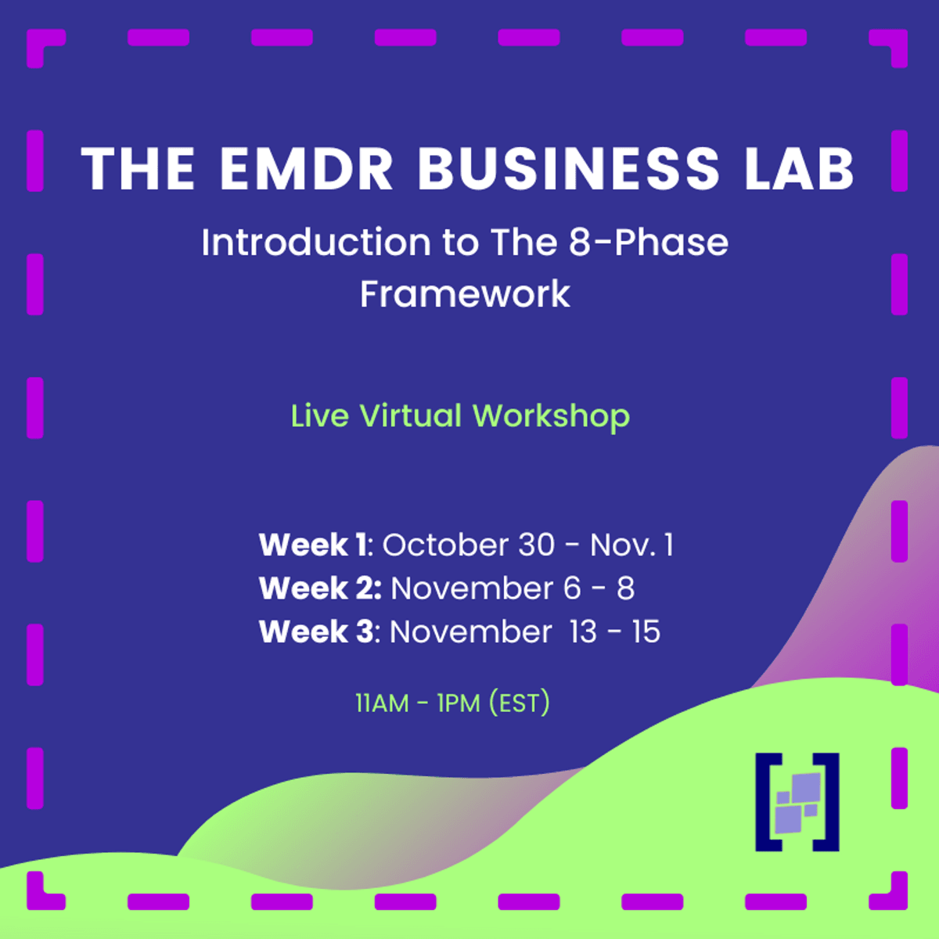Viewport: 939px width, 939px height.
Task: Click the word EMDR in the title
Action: point(306,168)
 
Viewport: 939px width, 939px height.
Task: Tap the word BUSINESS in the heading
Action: point(568,168)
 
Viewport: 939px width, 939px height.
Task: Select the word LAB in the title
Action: point(799,168)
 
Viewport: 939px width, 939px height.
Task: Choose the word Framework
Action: point(465,294)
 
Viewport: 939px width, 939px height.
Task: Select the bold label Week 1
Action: point(312,545)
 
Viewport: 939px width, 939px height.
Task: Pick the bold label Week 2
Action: point(320,588)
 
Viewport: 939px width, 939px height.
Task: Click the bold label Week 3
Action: point(316,631)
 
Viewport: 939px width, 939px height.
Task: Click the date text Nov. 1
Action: point(632,545)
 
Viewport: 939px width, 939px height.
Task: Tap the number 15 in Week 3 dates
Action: point(646,632)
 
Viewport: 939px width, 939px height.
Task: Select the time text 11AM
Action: point(382,703)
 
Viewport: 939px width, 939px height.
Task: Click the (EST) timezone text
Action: point(519,703)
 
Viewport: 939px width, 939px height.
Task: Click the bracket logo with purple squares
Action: point(797,802)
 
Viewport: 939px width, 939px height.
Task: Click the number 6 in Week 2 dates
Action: point(572,588)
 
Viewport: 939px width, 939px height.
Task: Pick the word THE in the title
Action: point(139,168)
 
